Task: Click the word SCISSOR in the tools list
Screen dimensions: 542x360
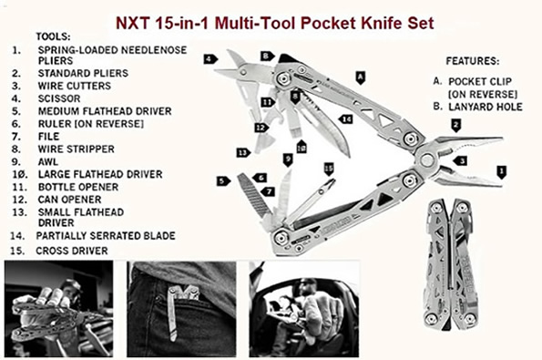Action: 59,98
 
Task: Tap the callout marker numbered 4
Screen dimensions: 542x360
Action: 210,59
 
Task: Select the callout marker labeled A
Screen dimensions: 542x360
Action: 360,77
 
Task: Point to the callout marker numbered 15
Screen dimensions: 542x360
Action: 329,170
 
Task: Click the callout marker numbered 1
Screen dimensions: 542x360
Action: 501,172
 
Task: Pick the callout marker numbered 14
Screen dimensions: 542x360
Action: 345,119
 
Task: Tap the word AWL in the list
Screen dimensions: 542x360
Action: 48,162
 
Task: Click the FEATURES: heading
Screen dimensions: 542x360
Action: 473,61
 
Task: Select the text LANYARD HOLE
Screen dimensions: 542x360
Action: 486,107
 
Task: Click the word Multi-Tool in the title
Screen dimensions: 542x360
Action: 255,23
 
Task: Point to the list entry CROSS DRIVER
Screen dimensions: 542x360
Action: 72,251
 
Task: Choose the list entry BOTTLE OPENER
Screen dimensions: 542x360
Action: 78,187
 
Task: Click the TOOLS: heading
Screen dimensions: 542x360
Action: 53,36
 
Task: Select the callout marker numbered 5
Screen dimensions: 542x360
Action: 223,180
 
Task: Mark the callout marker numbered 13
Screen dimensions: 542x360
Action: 243,152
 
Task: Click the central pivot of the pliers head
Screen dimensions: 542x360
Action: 426,160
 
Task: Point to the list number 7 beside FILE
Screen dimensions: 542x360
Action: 16,137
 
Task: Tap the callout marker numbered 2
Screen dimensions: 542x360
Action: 456,125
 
